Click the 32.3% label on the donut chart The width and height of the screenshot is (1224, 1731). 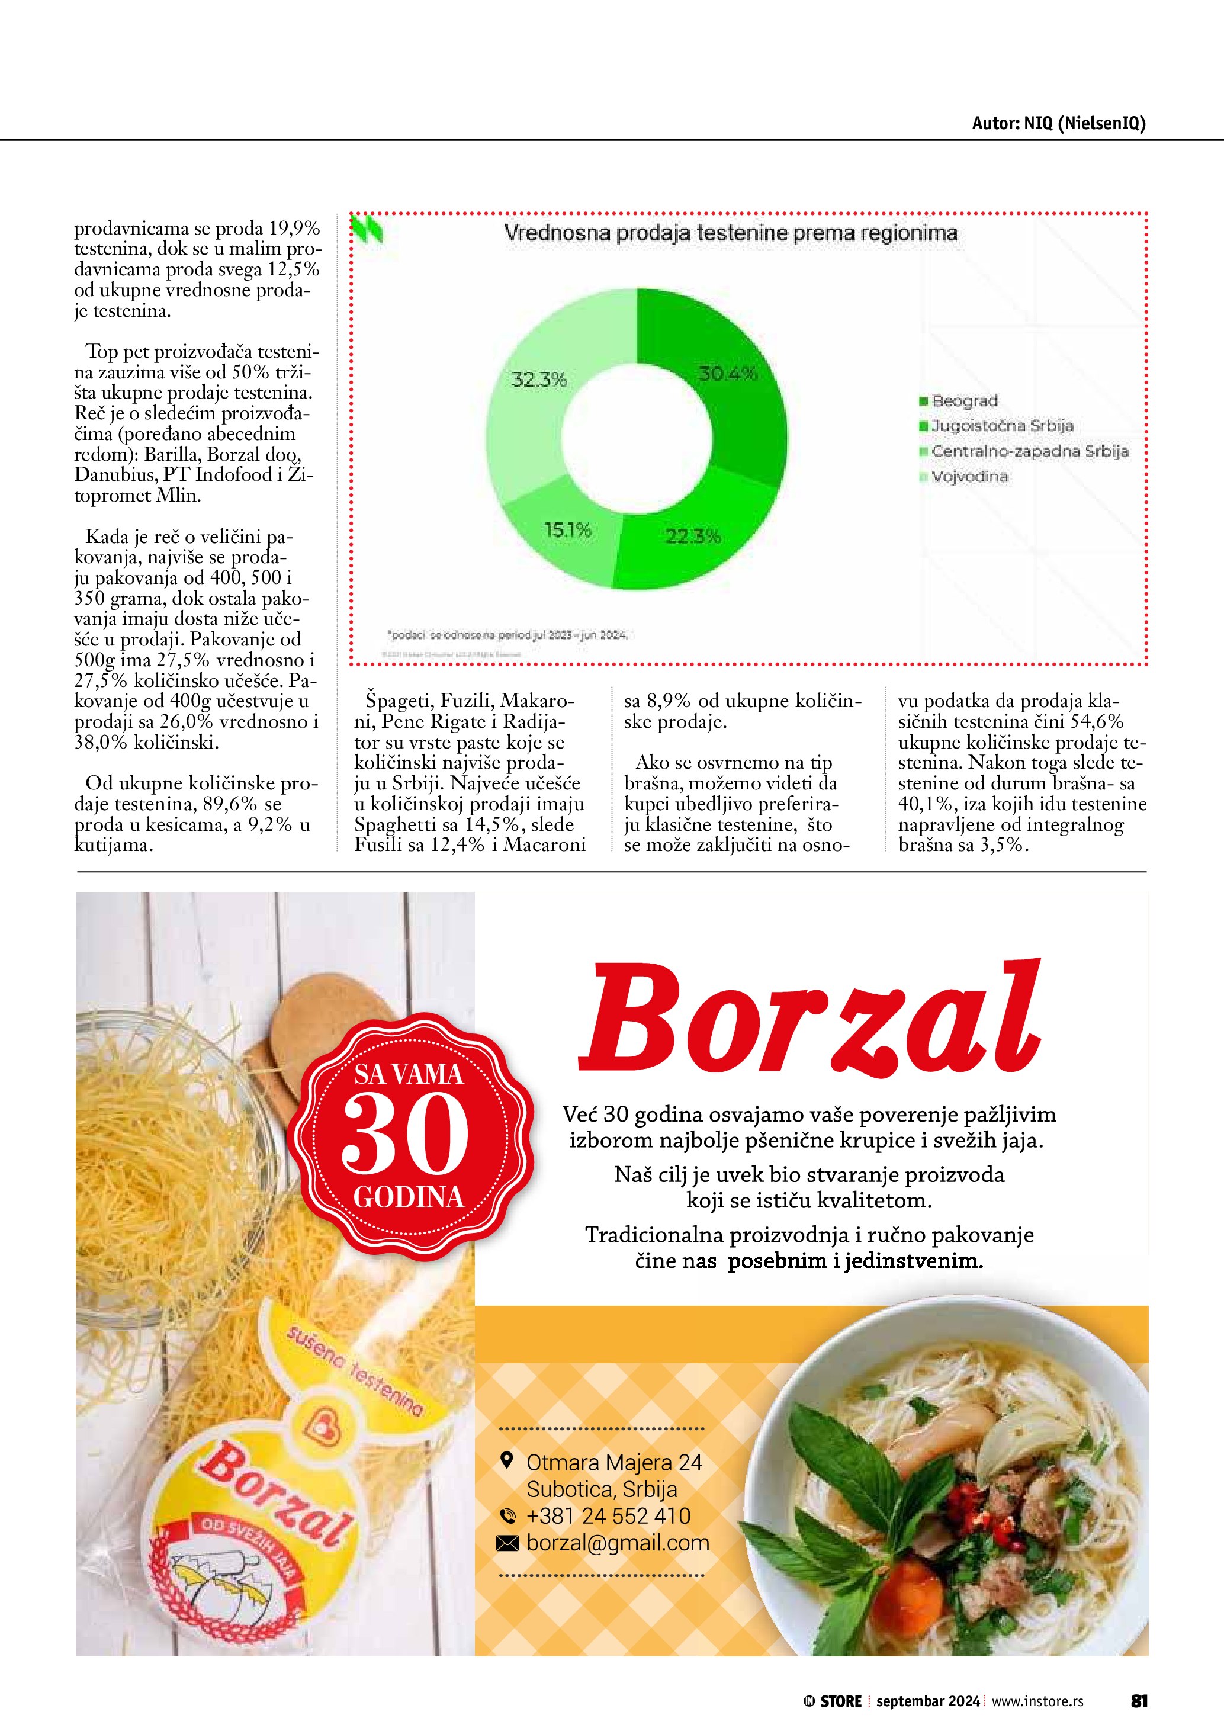[x=539, y=379]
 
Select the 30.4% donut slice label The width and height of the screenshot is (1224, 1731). [x=727, y=372]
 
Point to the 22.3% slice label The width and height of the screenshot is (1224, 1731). [x=693, y=537]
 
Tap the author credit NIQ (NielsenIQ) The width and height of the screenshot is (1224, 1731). [x=1058, y=124]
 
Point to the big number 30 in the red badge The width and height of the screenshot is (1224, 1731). [x=404, y=1135]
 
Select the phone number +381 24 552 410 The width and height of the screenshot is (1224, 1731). [x=608, y=1516]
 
